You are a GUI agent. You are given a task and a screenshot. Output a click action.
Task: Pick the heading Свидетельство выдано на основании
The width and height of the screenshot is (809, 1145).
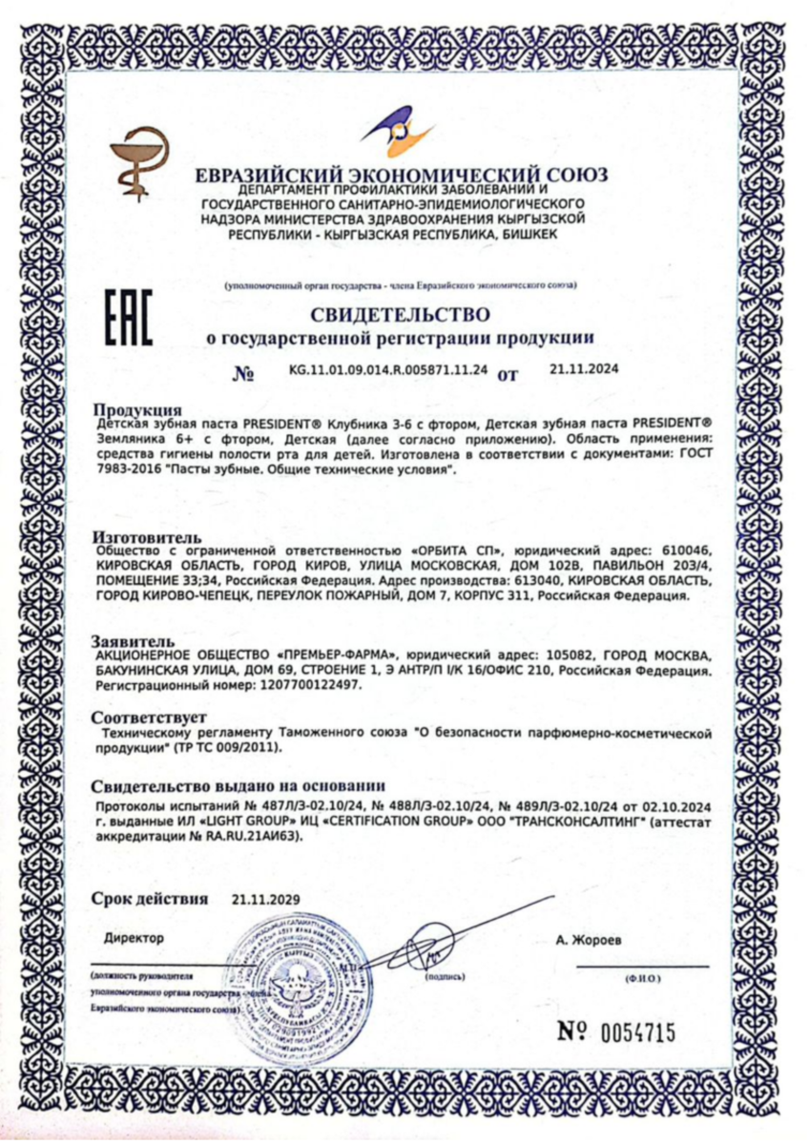click(238, 786)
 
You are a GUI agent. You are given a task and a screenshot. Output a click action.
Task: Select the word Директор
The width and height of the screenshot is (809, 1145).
click(135, 938)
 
